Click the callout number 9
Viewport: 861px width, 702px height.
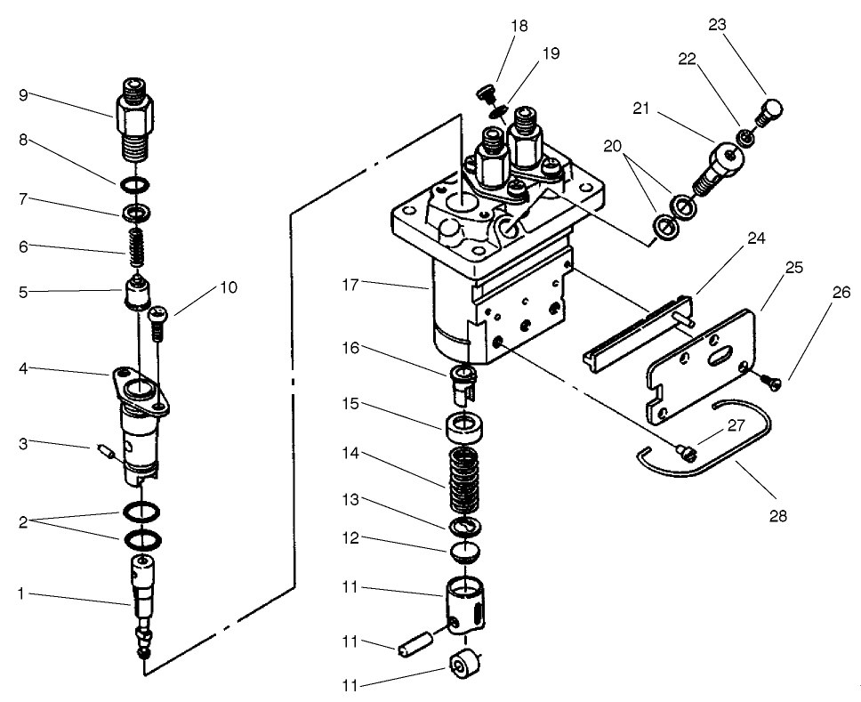(23, 95)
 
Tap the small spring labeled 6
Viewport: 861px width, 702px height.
(135, 242)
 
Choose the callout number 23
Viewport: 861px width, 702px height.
(717, 24)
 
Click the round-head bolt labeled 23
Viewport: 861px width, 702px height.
(769, 113)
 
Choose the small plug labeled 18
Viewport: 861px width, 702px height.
(484, 93)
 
